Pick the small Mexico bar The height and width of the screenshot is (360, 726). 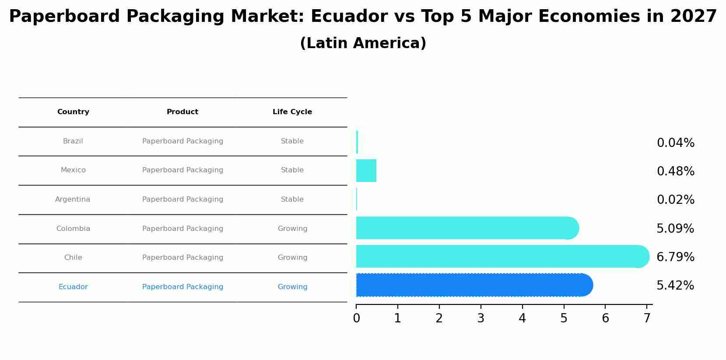[366, 171]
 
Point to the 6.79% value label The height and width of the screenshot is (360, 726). [675, 257]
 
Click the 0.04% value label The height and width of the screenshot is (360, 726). [675, 143]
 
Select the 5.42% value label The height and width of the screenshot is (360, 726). [675, 286]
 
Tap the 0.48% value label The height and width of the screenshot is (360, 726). [675, 171]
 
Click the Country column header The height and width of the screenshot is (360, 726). [73, 112]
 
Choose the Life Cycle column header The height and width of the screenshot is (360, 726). [292, 112]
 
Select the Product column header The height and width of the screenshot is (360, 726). [182, 112]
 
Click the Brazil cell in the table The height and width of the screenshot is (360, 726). [73, 141]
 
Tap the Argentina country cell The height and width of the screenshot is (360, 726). [73, 199]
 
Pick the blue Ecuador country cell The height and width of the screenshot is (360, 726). [73, 287]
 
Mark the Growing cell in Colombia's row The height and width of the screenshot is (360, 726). [292, 229]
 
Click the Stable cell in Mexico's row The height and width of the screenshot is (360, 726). [292, 170]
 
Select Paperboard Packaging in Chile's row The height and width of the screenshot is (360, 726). [182, 258]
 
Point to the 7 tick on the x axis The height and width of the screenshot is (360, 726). [647, 318]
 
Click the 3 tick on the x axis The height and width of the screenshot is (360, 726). [480, 318]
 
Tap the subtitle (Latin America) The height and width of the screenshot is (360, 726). [363, 43]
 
